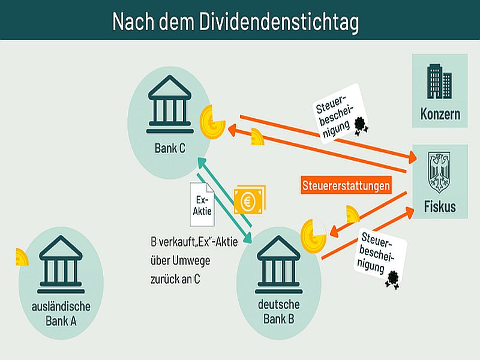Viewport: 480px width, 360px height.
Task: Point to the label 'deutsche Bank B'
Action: click(x=278, y=311)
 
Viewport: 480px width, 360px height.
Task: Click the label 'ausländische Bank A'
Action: click(x=61, y=313)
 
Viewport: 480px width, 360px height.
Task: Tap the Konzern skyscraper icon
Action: click(x=439, y=83)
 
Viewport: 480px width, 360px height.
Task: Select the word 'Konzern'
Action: click(x=440, y=114)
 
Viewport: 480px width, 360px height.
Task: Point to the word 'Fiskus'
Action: click(x=440, y=207)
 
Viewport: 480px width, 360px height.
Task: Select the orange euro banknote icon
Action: click(x=249, y=200)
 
